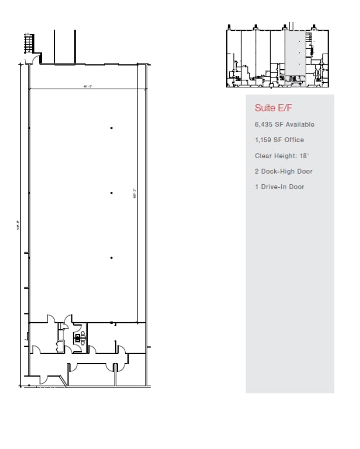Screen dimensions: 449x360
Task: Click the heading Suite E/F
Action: pos(274,108)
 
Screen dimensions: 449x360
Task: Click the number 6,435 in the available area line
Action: pos(264,124)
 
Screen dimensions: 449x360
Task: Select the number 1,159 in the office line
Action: pos(264,140)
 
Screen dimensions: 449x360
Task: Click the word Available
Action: pos(300,124)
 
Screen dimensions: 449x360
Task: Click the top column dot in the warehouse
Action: pos(112,128)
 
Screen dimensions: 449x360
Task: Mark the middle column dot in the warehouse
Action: pos(112,193)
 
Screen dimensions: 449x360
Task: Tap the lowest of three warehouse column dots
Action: pos(112,258)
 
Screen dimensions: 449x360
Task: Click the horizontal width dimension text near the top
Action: pos(87,86)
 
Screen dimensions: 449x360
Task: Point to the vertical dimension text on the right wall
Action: pos(134,193)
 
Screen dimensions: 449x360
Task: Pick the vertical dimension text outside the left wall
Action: pos(18,224)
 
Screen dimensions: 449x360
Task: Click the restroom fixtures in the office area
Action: pos(79,338)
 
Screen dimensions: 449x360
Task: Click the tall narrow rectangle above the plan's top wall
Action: pos(64,47)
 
